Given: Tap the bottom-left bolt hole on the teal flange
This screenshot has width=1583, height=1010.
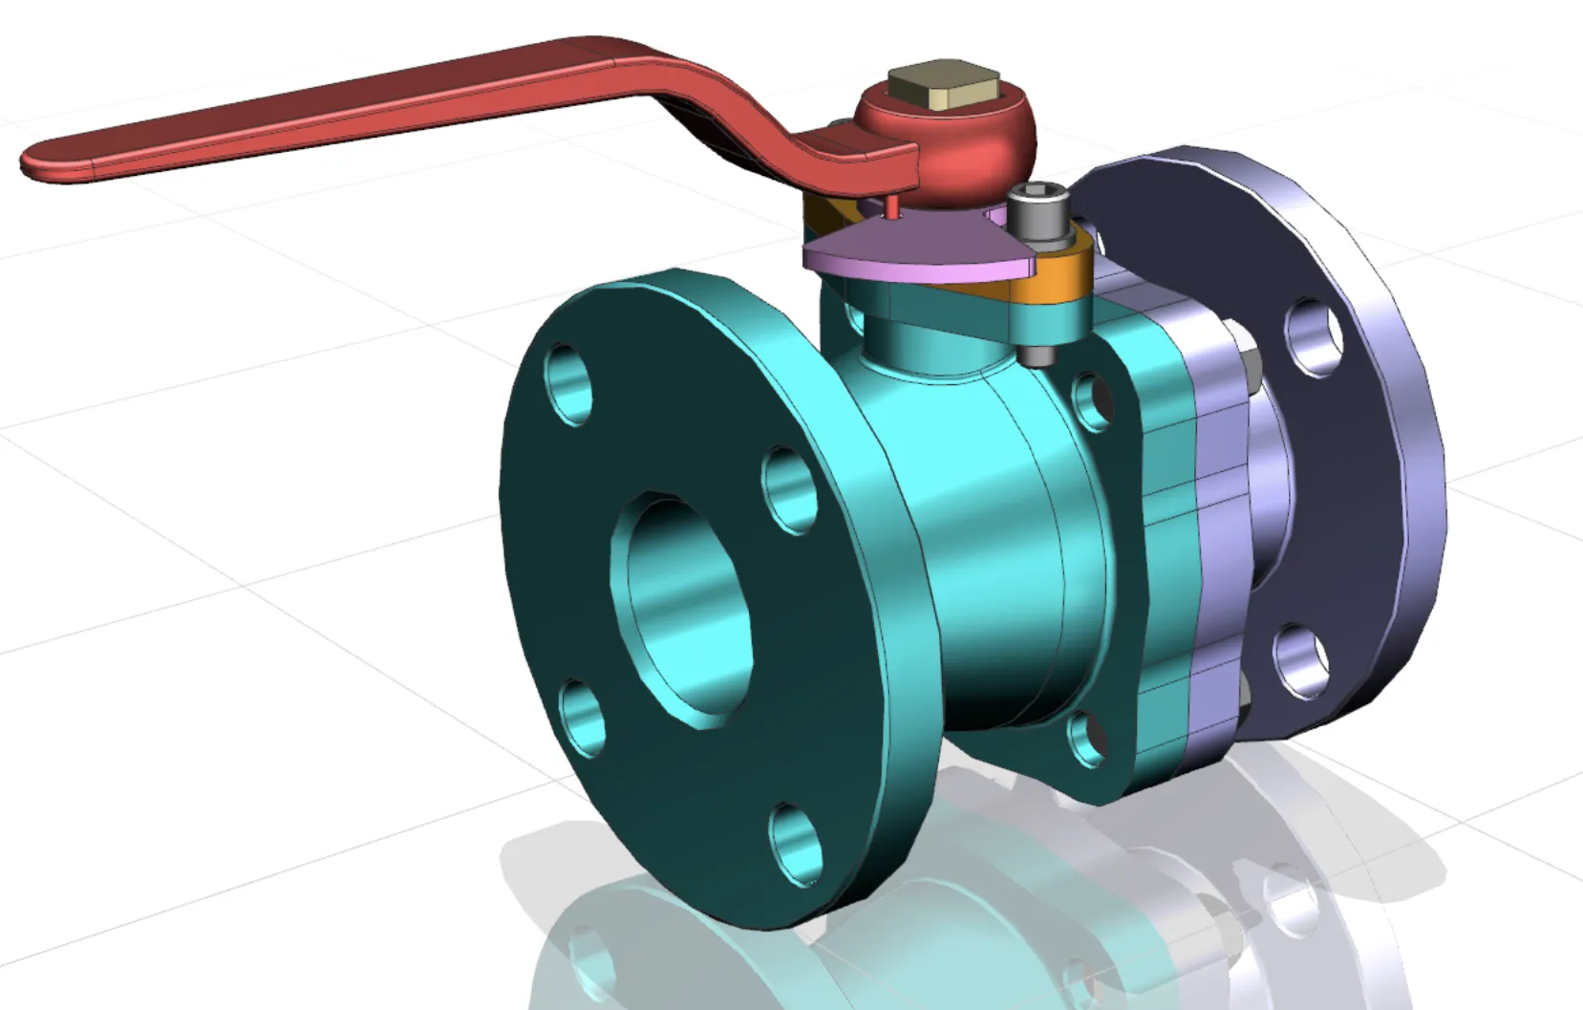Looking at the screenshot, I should (582, 718).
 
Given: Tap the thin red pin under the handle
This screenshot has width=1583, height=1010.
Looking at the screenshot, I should (891, 206).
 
